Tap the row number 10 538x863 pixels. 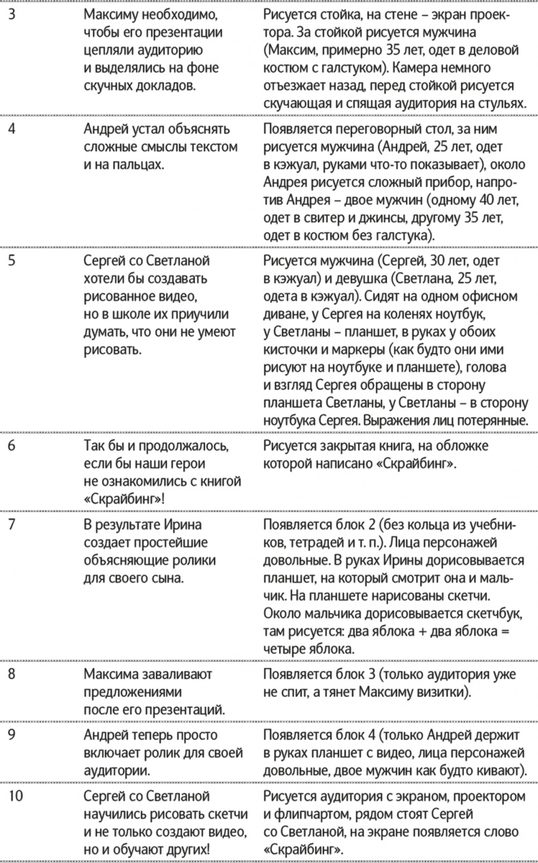coord(14,796)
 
